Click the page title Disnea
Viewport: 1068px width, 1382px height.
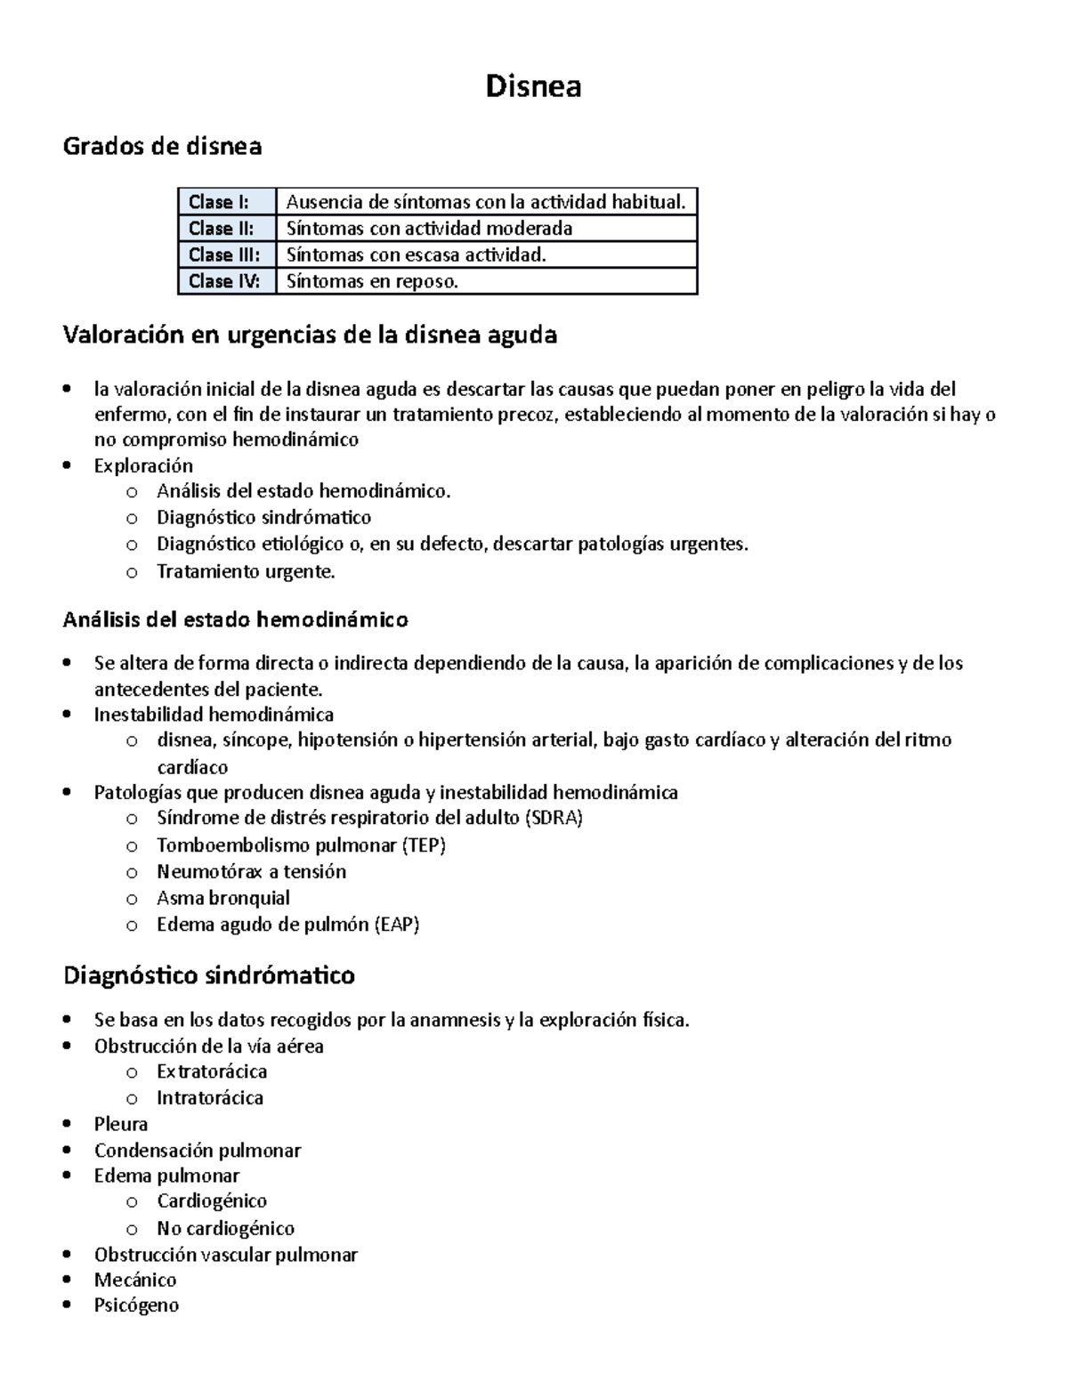coord(533,86)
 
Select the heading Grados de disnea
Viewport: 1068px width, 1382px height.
coord(162,146)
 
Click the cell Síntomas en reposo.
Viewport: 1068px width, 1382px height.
coord(372,281)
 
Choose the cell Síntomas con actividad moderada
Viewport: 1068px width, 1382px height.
coord(429,229)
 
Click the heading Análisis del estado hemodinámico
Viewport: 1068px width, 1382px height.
coord(235,619)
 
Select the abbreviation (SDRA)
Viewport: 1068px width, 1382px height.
coord(554,818)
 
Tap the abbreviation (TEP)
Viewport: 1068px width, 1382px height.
coord(424,845)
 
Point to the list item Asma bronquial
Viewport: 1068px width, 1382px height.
coord(223,898)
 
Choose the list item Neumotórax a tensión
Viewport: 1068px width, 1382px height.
coord(251,871)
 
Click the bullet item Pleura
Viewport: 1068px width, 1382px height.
coord(121,1124)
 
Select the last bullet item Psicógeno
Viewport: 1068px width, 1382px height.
coord(136,1305)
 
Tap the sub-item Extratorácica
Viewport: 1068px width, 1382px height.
coord(212,1071)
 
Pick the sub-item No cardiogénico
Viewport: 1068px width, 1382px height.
coord(225,1228)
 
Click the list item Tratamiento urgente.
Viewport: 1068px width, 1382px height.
coord(246,571)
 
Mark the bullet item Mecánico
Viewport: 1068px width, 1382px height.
coord(135,1280)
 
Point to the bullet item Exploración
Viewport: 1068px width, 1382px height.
coord(143,465)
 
